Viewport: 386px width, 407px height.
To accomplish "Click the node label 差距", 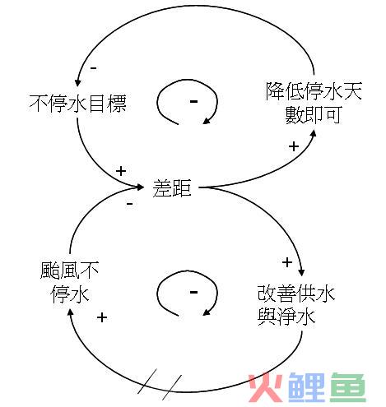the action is click(172, 188).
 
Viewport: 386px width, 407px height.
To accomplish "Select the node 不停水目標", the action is click(78, 104).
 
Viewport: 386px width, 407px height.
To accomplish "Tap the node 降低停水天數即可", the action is click(314, 103).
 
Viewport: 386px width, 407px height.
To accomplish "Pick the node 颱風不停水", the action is click(70, 282).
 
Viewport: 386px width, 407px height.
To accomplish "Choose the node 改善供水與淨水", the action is click(296, 305).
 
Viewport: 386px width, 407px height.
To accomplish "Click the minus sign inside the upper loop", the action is click(193, 102).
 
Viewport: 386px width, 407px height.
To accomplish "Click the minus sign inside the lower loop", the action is click(193, 293).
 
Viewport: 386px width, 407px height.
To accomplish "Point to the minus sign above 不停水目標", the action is click(94, 68).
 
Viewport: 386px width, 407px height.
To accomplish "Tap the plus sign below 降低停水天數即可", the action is click(294, 146).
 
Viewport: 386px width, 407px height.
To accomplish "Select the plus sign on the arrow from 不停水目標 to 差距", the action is click(121, 171).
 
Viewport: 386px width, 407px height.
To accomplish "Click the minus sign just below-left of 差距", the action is click(130, 204).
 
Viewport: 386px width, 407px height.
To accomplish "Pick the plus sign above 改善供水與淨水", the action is click(287, 262).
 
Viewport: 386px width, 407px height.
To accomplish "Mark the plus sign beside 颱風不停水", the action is click(102, 317).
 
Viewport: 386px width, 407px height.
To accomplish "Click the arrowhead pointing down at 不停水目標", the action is click(78, 82).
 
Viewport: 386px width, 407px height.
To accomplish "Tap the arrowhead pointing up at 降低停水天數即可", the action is click(314, 133).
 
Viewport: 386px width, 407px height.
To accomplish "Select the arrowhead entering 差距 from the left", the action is click(141, 187).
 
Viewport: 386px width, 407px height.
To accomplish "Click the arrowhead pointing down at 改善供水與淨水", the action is click(301, 272).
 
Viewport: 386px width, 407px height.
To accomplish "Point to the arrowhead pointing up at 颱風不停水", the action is click(70, 312).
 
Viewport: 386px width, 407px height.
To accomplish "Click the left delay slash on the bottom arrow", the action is click(147, 381).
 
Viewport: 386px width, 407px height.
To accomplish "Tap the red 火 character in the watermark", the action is click(265, 386).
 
